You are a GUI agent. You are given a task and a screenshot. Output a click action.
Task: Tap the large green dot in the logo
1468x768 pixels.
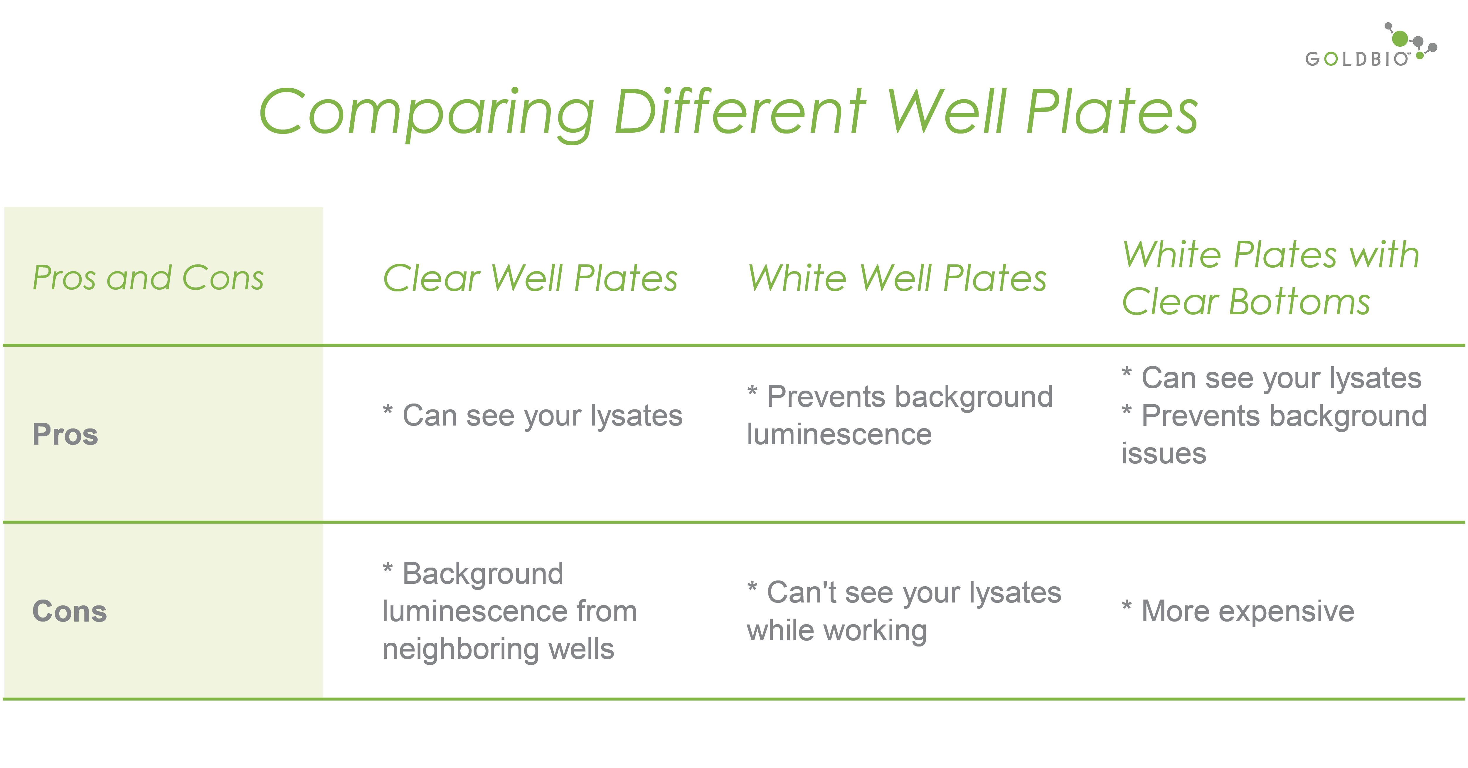pyautogui.click(x=1400, y=39)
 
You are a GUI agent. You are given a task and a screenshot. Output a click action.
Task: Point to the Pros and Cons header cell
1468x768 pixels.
pyautogui.click(x=148, y=278)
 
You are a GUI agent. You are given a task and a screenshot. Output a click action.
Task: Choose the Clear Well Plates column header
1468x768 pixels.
pyautogui.click(x=530, y=278)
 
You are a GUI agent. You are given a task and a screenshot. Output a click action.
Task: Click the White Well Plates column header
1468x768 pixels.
pyautogui.click(x=897, y=278)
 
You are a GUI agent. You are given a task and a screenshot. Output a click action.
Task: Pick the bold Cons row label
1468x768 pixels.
pyautogui.click(x=70, y=611)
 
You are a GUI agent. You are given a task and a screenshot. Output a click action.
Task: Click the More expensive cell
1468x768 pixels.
pyautogui.click(x=1238, y=611)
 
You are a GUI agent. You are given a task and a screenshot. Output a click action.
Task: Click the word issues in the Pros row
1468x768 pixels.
pyautogui.click(x=1164, y=453)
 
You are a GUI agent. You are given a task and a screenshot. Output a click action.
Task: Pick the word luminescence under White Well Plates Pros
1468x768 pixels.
pyautogui.click(x=839, y=435)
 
